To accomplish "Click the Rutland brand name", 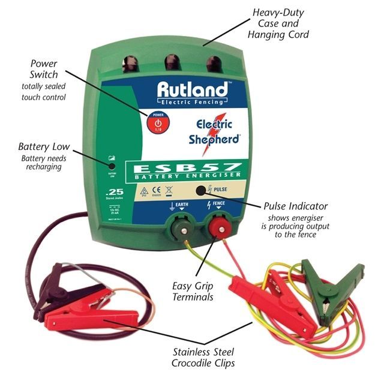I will [x=193, y=91].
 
